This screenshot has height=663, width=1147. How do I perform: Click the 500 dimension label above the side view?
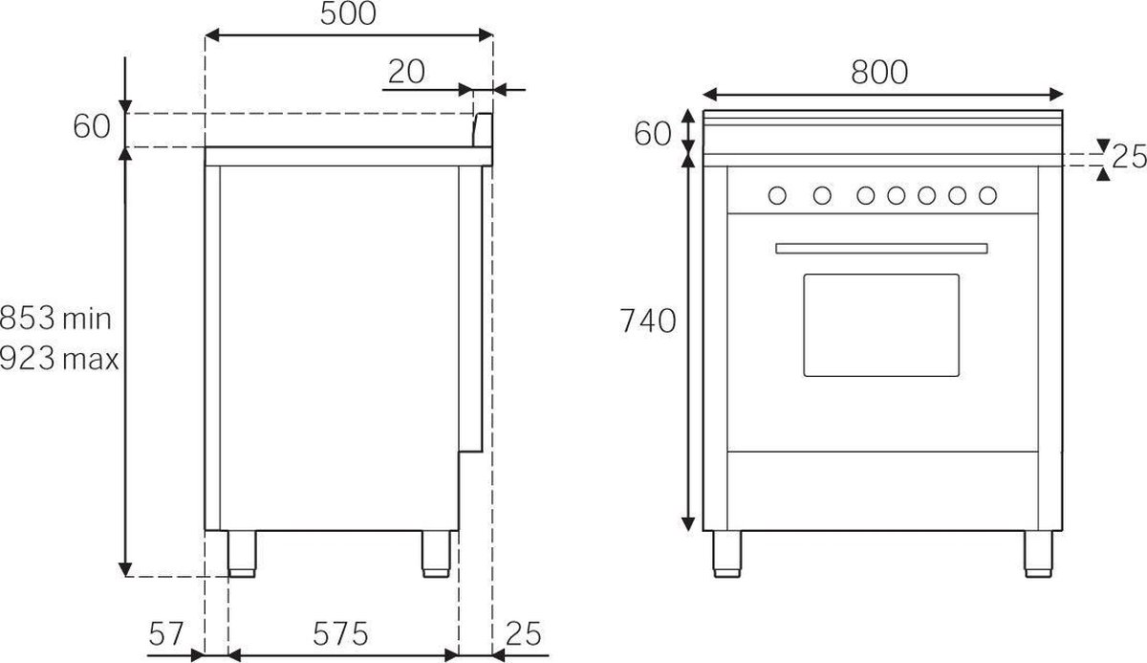coord(348,13)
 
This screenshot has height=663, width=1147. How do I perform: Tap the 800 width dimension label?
coord(879,73)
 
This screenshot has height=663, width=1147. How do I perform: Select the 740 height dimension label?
coord(648,320)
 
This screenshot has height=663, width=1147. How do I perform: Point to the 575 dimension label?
coord(340,633)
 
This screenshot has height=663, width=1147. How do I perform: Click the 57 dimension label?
coord(166,633)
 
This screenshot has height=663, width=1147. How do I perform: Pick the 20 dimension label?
coord(406,72)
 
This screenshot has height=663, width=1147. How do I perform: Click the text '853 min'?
coord(55,319)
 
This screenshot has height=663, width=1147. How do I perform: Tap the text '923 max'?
coord(59,358)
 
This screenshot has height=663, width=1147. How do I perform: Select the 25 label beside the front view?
coord(1129,156)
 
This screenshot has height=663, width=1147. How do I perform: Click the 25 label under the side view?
coord(524,633)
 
